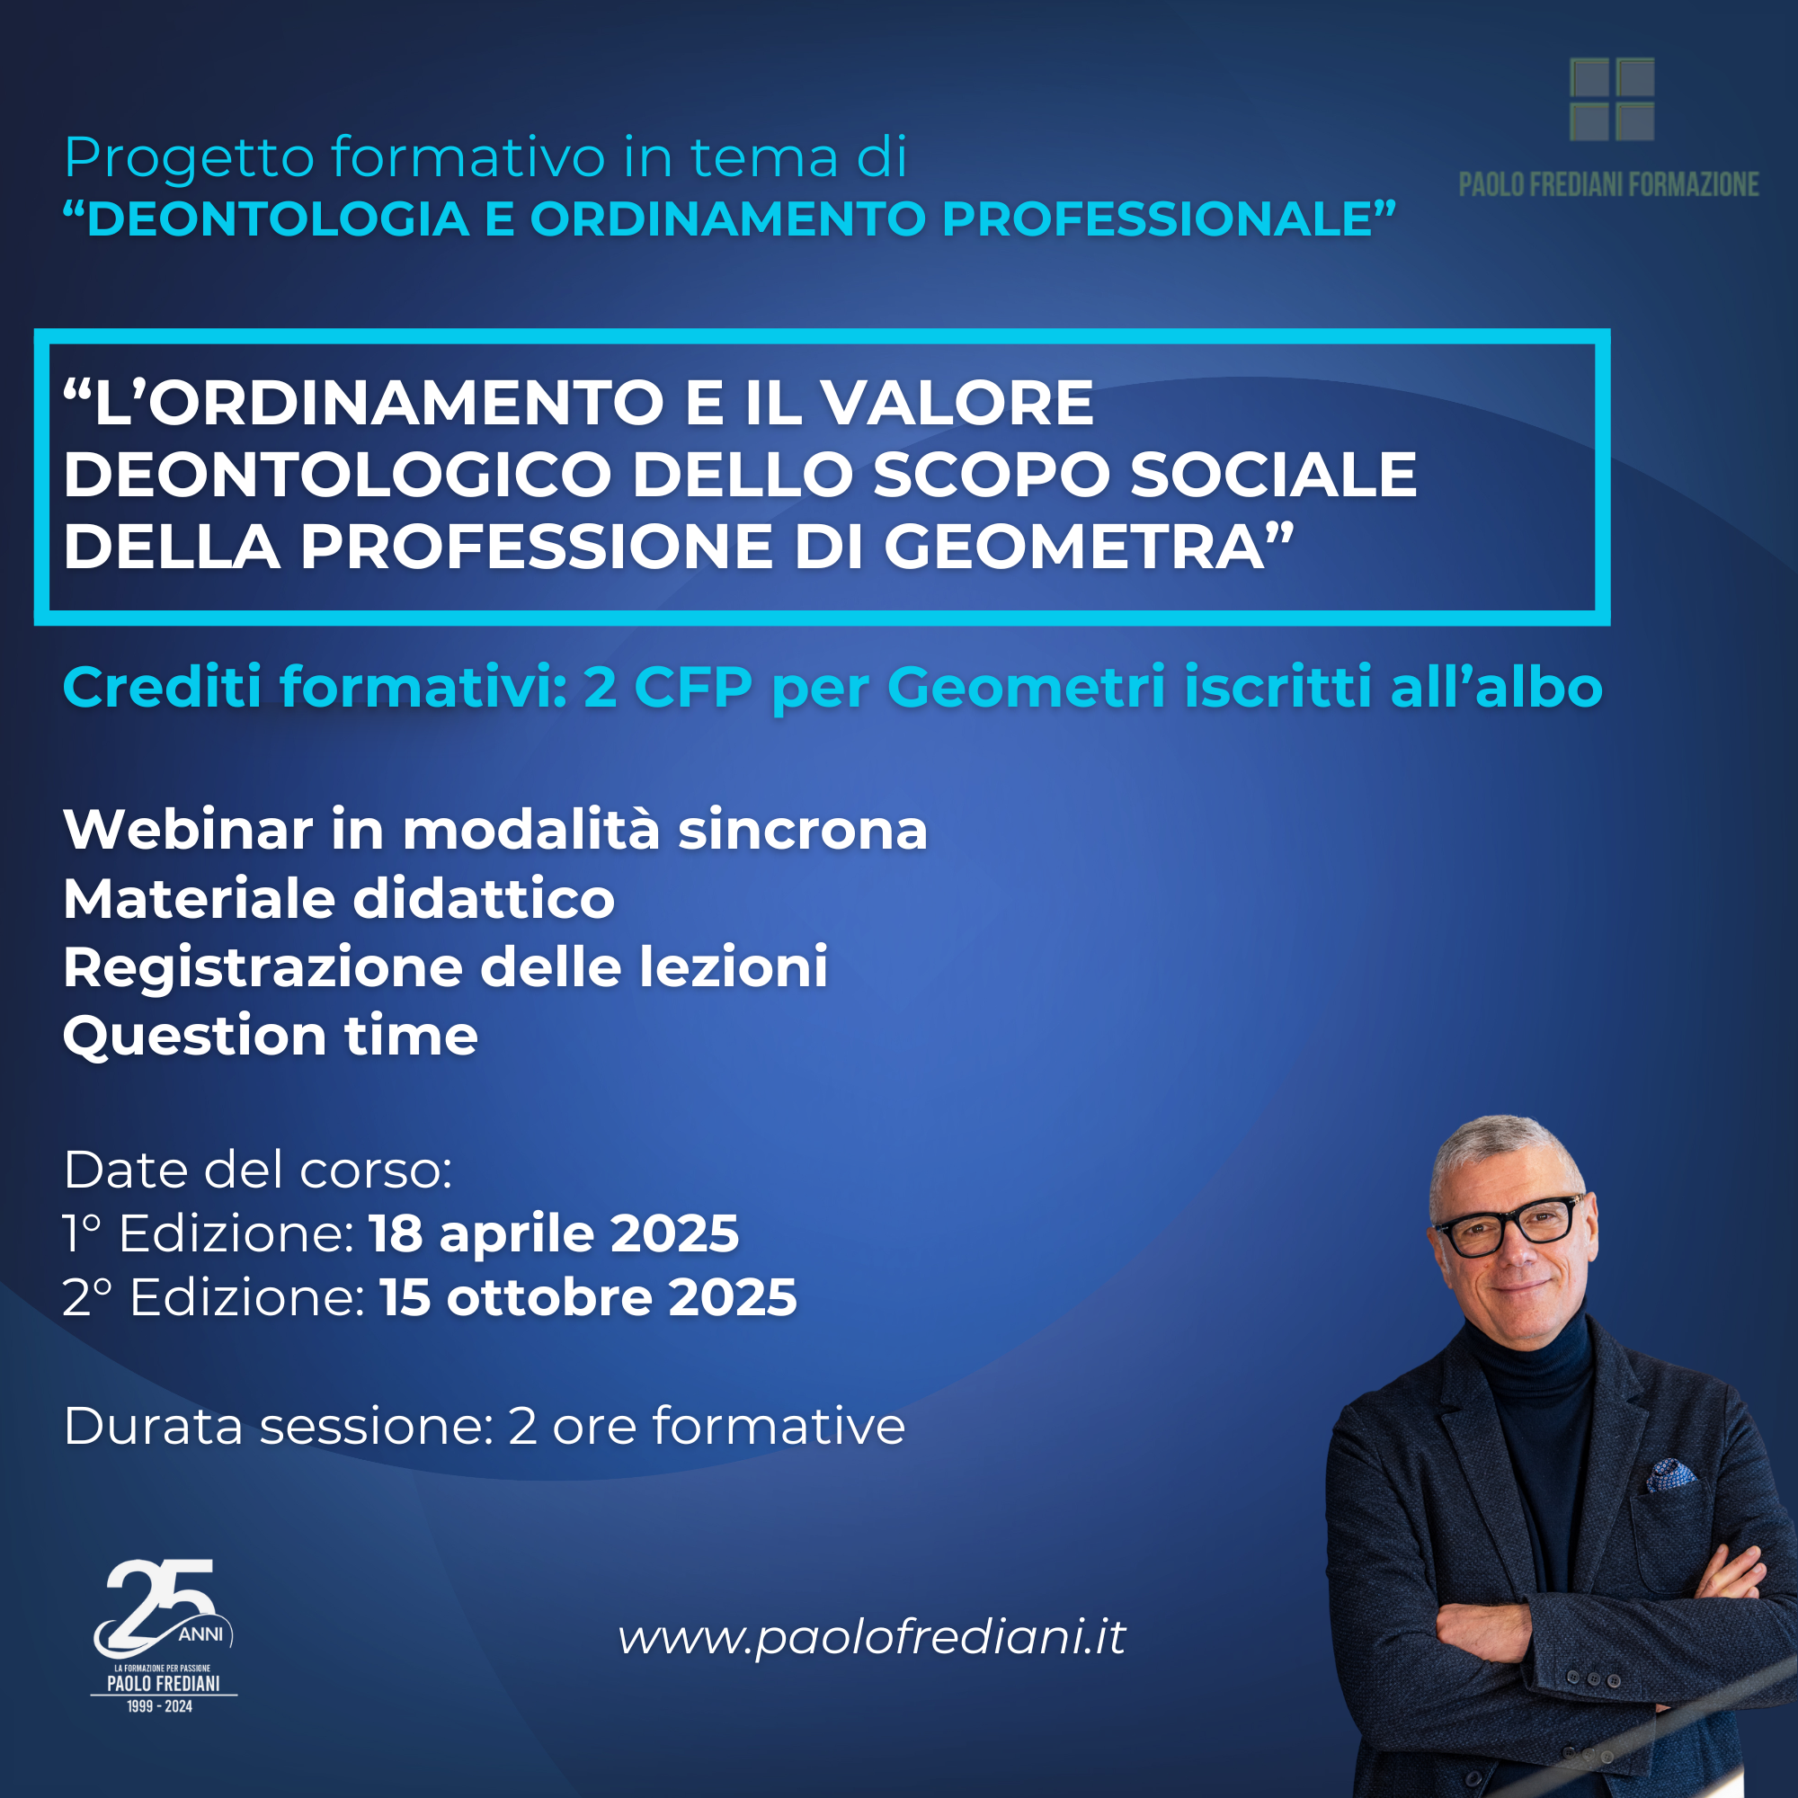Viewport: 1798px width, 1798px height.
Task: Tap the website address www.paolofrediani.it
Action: (x=872, y=1637)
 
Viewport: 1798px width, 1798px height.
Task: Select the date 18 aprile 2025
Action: (x=555, y=1233)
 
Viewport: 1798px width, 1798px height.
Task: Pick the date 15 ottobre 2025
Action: (x=588, y=1297)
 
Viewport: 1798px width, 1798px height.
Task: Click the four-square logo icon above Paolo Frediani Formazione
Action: (x=1612, y=100)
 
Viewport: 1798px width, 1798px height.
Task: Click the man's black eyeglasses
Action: (x=1509, y=1224)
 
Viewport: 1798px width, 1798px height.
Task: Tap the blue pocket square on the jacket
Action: (x=1671, y=1473)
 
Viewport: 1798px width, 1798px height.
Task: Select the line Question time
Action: (x=270, y=1036)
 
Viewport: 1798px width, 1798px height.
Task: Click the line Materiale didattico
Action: (x=339, y=899)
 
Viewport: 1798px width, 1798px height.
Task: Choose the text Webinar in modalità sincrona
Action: (x=495, y=829)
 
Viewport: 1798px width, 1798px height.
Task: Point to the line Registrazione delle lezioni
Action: (x=445, y=967)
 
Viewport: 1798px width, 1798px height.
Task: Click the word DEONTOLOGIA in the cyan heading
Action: (x=279, y=218)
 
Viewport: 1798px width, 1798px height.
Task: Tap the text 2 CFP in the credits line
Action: (x=667, y=688)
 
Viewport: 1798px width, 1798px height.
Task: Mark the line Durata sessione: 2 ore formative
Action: (x=484, y=1426)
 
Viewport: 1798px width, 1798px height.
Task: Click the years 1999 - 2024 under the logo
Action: (x=160, y=1707)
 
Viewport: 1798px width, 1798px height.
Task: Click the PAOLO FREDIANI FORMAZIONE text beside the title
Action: (x=1608, y=184)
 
